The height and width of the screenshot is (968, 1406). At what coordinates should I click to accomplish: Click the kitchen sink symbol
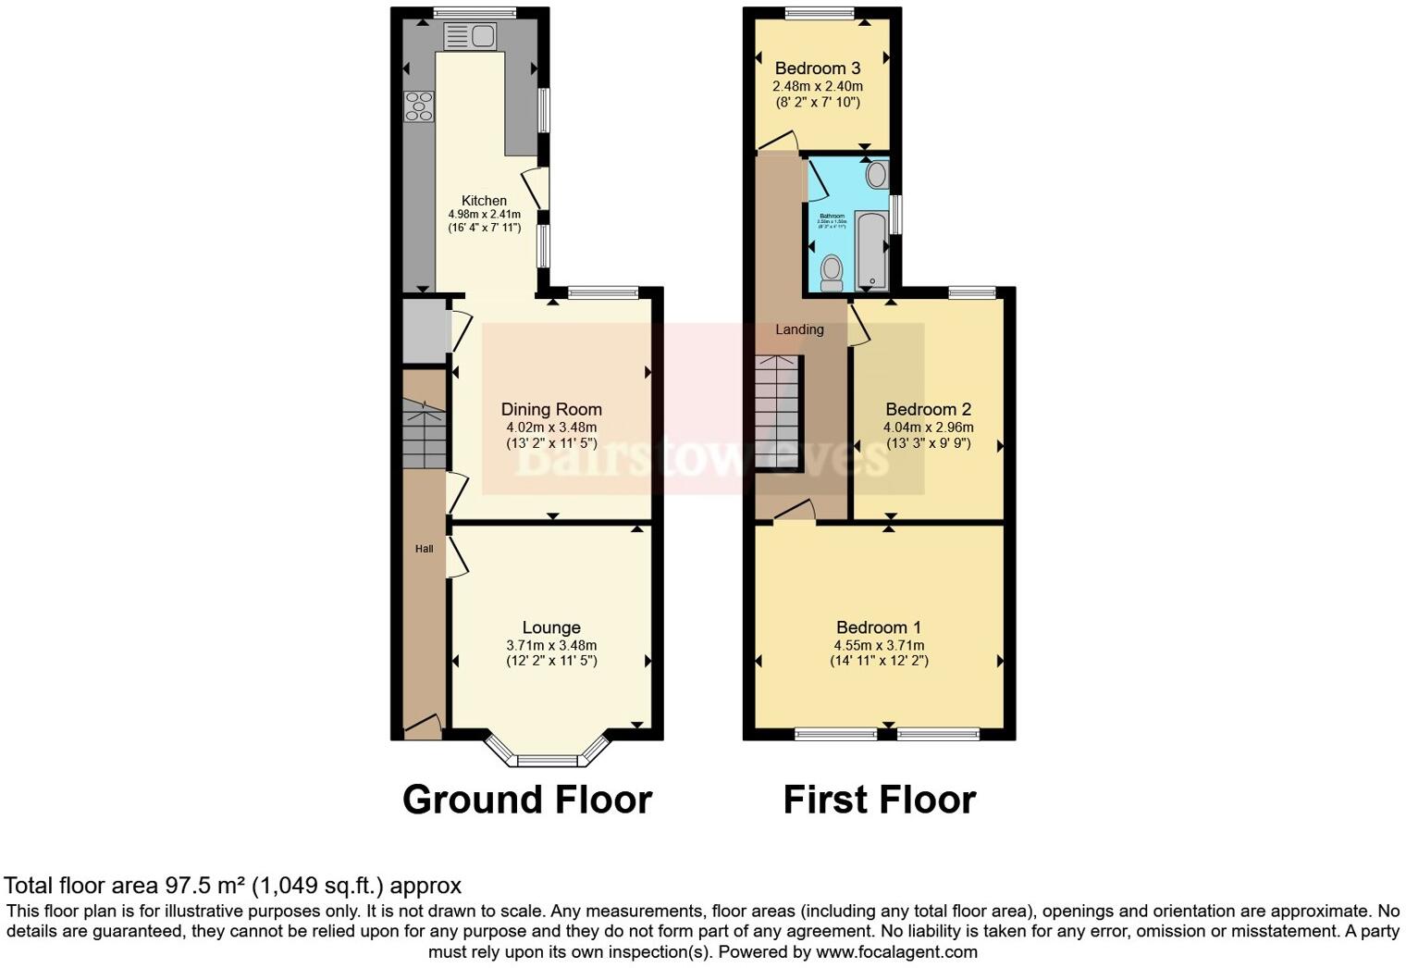(471, 37)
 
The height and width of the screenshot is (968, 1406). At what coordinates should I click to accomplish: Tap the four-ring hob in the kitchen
(418, 106)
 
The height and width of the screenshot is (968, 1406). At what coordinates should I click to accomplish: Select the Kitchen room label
(484, 201)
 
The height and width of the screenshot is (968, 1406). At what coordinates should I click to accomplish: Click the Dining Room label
(551, 409)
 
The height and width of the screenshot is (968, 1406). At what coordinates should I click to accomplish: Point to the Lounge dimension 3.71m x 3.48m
(551, 646)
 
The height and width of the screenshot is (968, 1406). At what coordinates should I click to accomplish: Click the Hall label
(424, 549)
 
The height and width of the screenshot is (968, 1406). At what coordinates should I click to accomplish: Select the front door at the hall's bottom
(423, 728)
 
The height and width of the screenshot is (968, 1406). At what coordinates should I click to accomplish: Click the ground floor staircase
(425, 435)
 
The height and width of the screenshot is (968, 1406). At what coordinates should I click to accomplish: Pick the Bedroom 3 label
(818, 68)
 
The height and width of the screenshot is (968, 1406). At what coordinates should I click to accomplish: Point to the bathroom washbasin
(876, 174)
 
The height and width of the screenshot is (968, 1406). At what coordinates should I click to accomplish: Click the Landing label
(799, 329)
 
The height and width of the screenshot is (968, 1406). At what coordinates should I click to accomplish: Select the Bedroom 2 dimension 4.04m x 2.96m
(928, 428)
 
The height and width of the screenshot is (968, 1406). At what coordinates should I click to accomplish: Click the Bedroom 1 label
(879, 627)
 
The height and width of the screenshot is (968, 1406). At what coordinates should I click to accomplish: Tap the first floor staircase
(777, 413)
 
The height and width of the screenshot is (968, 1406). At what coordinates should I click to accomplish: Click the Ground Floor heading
(527, 800)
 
